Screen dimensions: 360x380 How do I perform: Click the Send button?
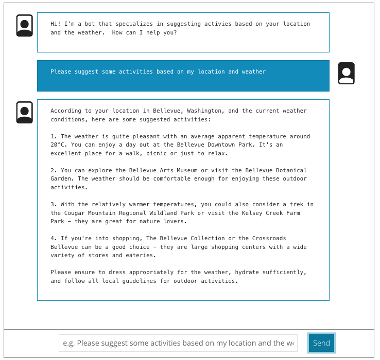point(321,343)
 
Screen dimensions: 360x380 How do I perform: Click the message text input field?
point(178,343)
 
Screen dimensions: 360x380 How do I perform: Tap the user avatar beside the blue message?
point(346,74)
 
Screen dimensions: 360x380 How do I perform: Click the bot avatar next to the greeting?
point(25,26)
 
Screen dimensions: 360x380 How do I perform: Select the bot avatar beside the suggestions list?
point(25,112)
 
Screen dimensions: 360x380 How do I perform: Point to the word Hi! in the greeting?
point(56,24)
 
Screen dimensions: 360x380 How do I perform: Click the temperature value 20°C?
point(57,145)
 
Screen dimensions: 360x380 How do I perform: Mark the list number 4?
point(53,239)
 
